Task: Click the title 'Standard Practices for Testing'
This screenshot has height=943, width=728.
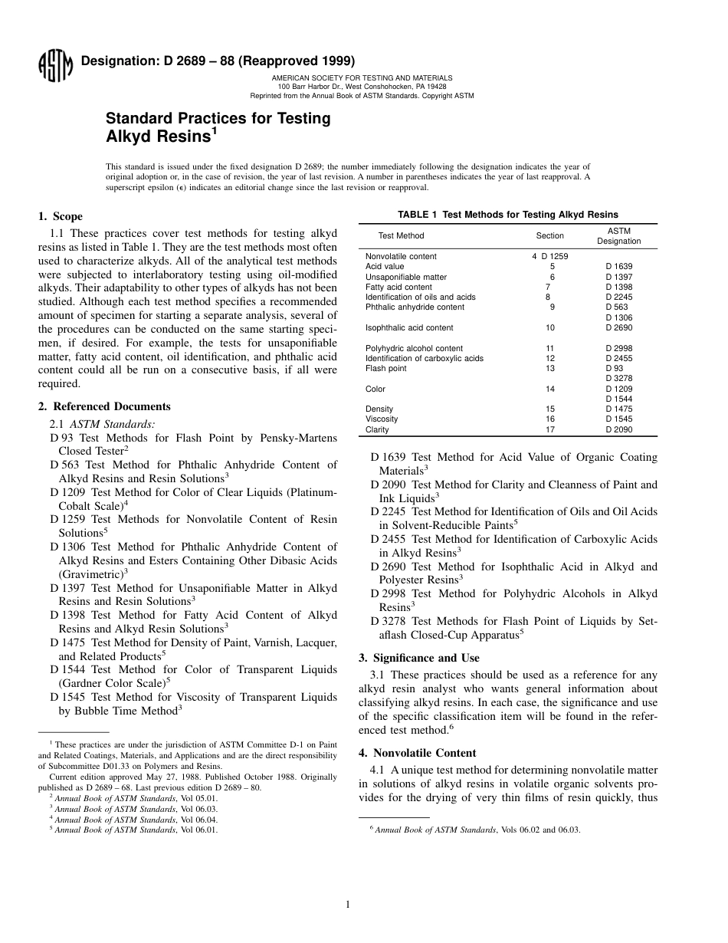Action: pyautogui.click(x=218, y=119)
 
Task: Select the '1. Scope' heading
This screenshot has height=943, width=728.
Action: pyautogui.click(x=61, y=216)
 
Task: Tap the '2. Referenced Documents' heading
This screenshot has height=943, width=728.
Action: pyautogui.click(x=104, y=406)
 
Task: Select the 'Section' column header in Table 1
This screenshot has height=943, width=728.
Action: pyautogui.click(x=549, y=236)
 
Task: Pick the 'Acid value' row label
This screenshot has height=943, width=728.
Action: pyautogui.click(x=384, y=267)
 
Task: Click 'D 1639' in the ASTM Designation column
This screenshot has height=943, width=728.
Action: pyautogui.click(x=618, y=267)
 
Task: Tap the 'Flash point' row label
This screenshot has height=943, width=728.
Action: pyautogui.click(x=385, y=368)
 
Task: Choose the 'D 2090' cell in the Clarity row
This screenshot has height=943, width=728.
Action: pyautogui.click(x=618, y=429)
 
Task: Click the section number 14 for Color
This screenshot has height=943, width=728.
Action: pyautogui.click(x=549, y=389)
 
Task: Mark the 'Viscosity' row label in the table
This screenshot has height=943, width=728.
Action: pyautogui.click(x=382, y=419)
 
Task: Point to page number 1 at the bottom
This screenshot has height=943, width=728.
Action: pyautogui.click(x=348, y=905)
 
